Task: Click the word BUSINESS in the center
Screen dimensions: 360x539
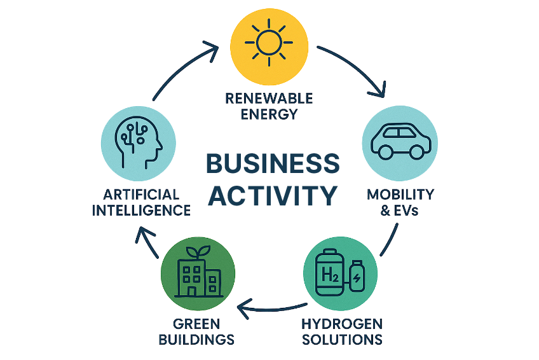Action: pyautogui.click(x=273, y=165)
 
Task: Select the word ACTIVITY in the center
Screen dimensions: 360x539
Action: pyautogui.click(x=273, y=195)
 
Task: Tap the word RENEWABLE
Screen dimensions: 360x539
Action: pyautogui.click(x=269, y=99)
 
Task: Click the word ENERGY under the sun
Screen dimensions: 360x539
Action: pyautogui.click(x=269, y=114)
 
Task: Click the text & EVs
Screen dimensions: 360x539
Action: pyautogui.click(x=399, y=211)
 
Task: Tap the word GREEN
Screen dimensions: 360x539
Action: pyautogui.click(x=199, y=322)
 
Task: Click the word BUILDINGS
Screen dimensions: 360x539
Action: pyautogui.click(x=198, y=338)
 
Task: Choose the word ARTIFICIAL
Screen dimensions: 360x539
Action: pyautogui.click(x=136, y=193)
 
